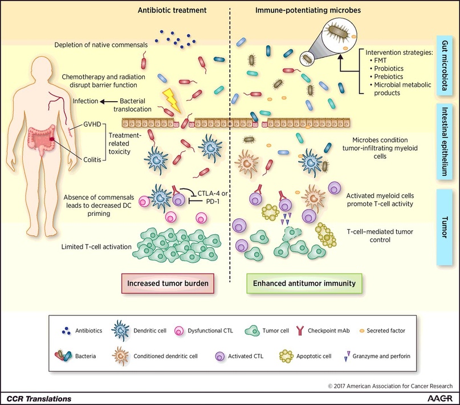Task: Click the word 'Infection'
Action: coord(85,101)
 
